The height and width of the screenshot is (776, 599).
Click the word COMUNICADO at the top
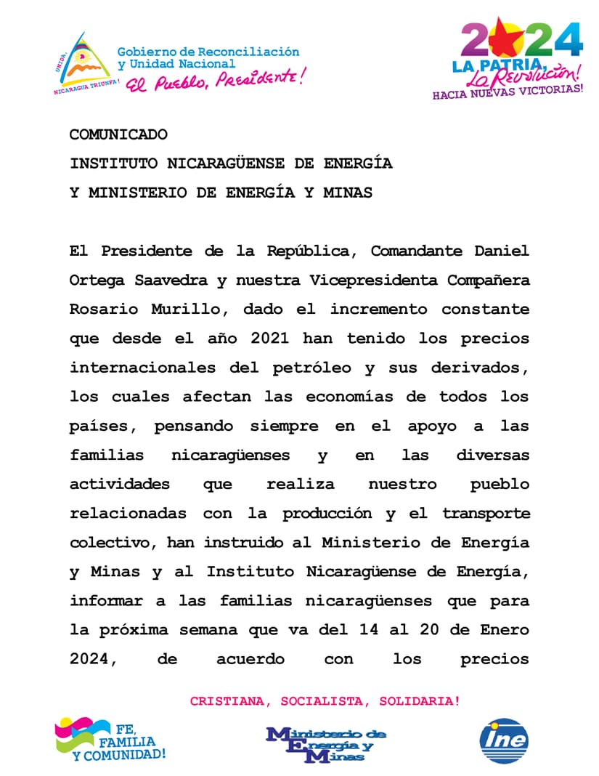(118, 134)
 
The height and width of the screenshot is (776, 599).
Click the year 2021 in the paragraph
(264, 338)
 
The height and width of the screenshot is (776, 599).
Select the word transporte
(486, 513)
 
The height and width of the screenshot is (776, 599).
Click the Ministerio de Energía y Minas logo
(326, 744)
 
